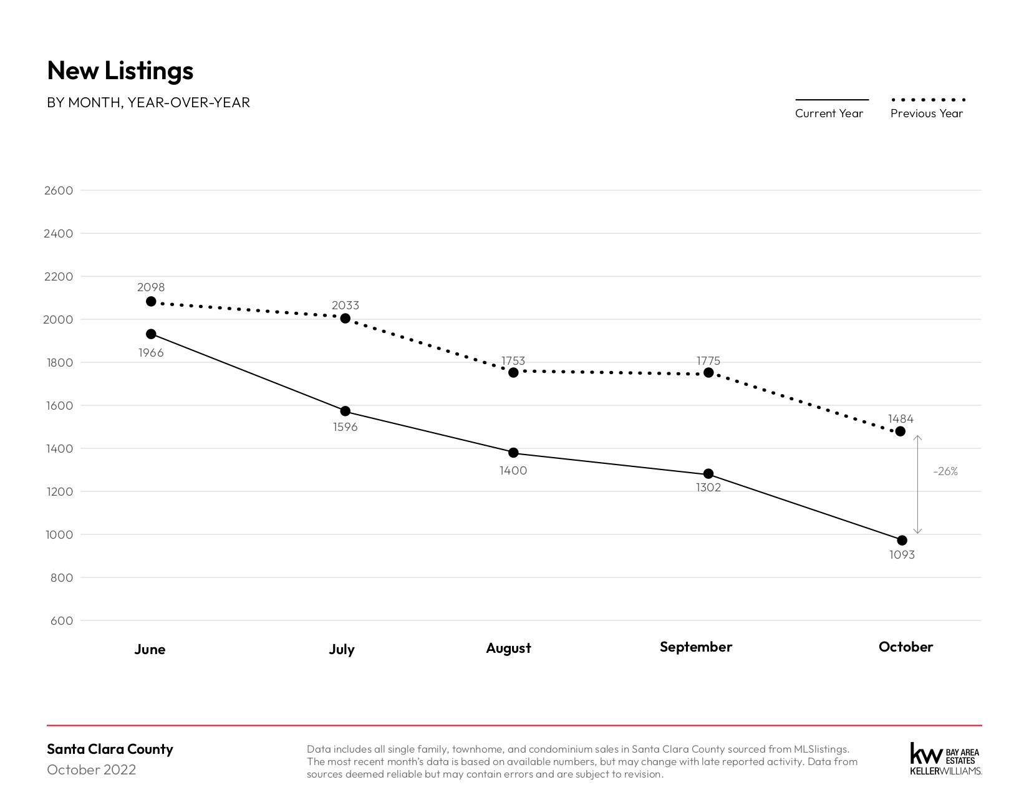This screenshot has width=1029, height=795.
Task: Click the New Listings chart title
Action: click(120, 70)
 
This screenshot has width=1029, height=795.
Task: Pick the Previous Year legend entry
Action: click(927, 108)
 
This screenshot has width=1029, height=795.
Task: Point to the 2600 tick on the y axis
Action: click(59, 190)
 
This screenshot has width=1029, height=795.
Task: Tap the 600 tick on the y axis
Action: click(62, 621)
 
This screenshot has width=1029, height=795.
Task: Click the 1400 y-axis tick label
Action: click(59, 448)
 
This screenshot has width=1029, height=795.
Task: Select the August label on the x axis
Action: click(509, 648)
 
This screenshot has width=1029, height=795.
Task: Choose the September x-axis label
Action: click(695, 647)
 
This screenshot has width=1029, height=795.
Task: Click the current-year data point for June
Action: click(151, 334)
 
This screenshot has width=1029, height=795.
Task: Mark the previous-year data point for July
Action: click(345, 318)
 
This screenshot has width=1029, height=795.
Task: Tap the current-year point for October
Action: click(902, 540)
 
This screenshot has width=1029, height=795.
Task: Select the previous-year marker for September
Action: click(708, 373)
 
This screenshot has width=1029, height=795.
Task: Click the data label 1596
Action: click(345, 427)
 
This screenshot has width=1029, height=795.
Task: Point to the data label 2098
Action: click(151, 287)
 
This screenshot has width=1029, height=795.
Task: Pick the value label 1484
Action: click(901, 418)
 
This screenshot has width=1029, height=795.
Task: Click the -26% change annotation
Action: click(945, 471)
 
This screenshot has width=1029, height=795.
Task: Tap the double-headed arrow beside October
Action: click(917, 484)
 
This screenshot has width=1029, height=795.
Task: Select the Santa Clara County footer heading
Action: click(110, 749)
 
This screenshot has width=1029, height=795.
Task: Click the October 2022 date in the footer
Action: click(92, 770)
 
